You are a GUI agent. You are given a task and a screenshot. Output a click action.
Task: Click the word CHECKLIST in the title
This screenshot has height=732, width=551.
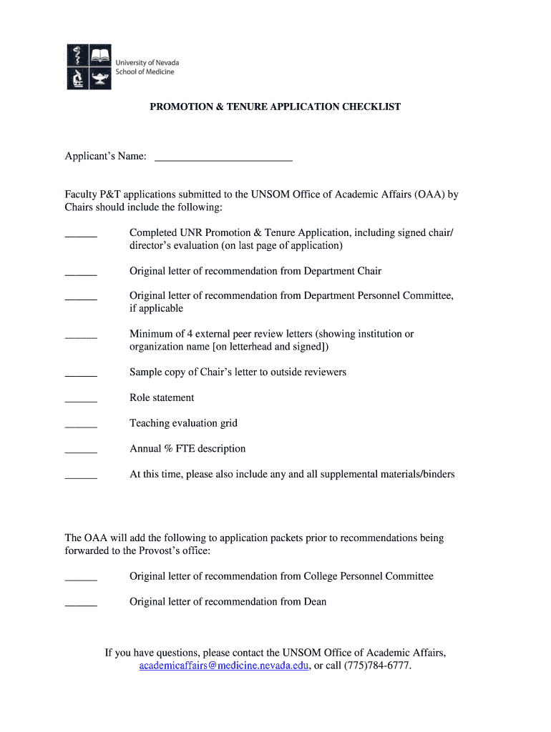(x=371, y=107)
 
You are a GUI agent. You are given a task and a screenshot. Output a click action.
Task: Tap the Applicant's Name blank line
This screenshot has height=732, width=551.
(x=223, y=159)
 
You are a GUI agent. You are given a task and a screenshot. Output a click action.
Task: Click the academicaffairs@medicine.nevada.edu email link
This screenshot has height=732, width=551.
(x=224, y=666)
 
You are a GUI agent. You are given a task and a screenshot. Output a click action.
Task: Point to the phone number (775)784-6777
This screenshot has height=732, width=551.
(x=377, y=666)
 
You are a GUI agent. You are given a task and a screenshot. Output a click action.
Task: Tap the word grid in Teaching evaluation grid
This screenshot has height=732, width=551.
(x=228, y=423)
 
